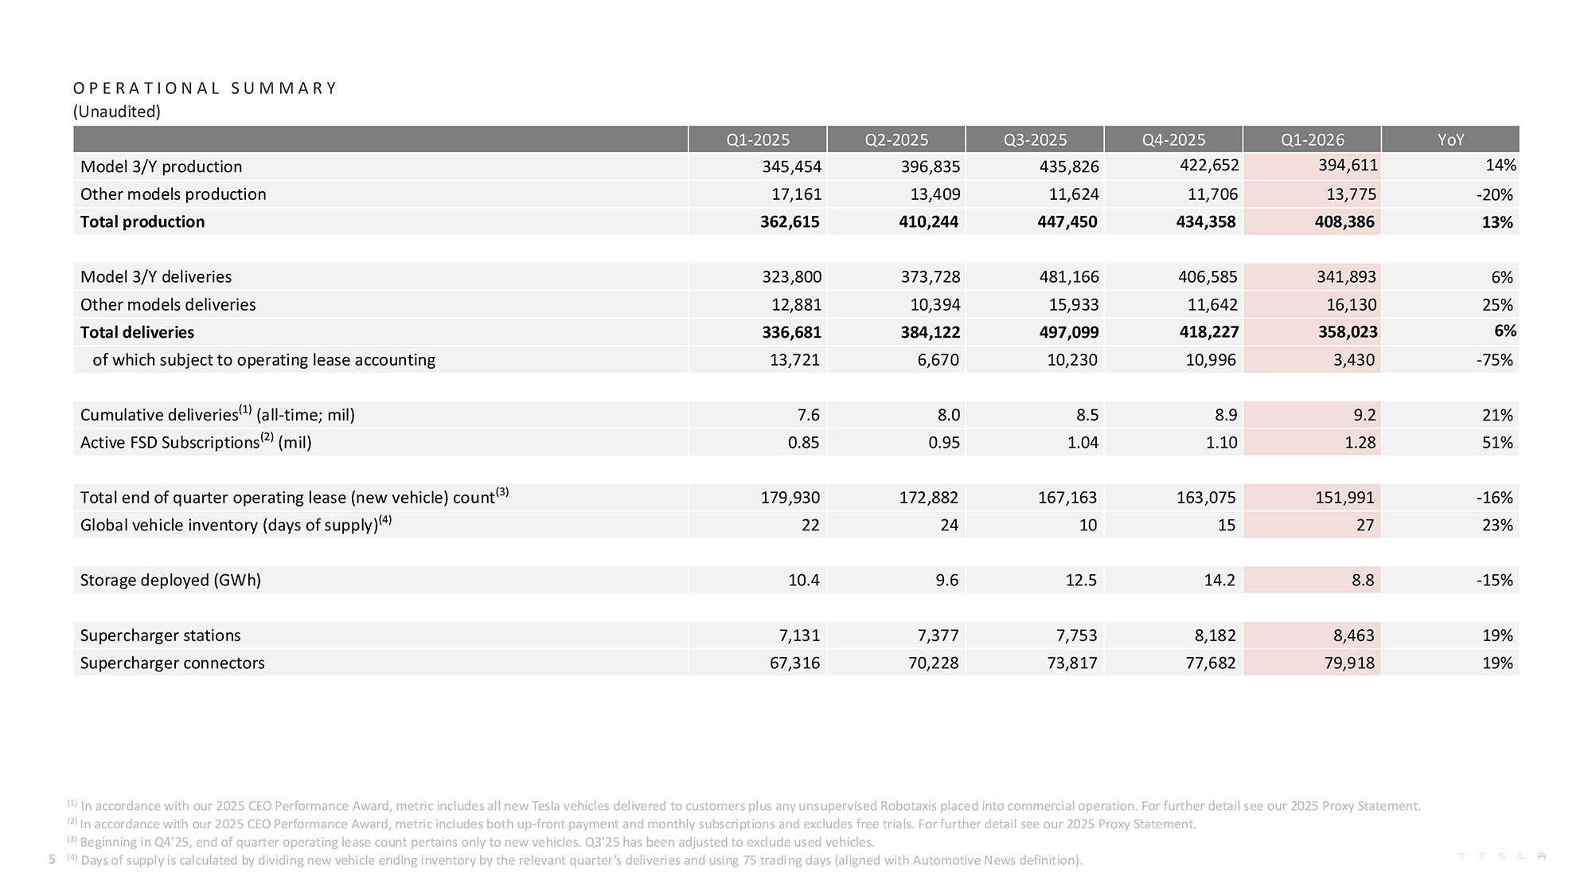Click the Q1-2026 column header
point(1312,139)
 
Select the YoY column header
point(1450,139)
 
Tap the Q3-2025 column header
point(1035,139)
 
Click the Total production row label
point(142,221)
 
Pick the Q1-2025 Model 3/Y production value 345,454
point(790,166)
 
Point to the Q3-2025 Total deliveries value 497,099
point(1067,332)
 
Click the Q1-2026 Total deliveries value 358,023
point(1347,332)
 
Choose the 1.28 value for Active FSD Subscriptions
point(1360,442)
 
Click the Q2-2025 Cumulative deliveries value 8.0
point(949,415)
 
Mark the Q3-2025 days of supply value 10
point(1087,525)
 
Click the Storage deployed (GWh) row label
point(170,580)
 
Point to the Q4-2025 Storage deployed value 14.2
point(1219,580)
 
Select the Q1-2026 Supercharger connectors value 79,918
point(1349,663)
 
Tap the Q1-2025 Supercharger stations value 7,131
point(799,636)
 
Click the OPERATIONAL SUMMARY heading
point(205,88)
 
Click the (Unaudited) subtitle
point(117,112)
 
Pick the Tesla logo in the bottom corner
point(1501,856)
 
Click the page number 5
point(53,859)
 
